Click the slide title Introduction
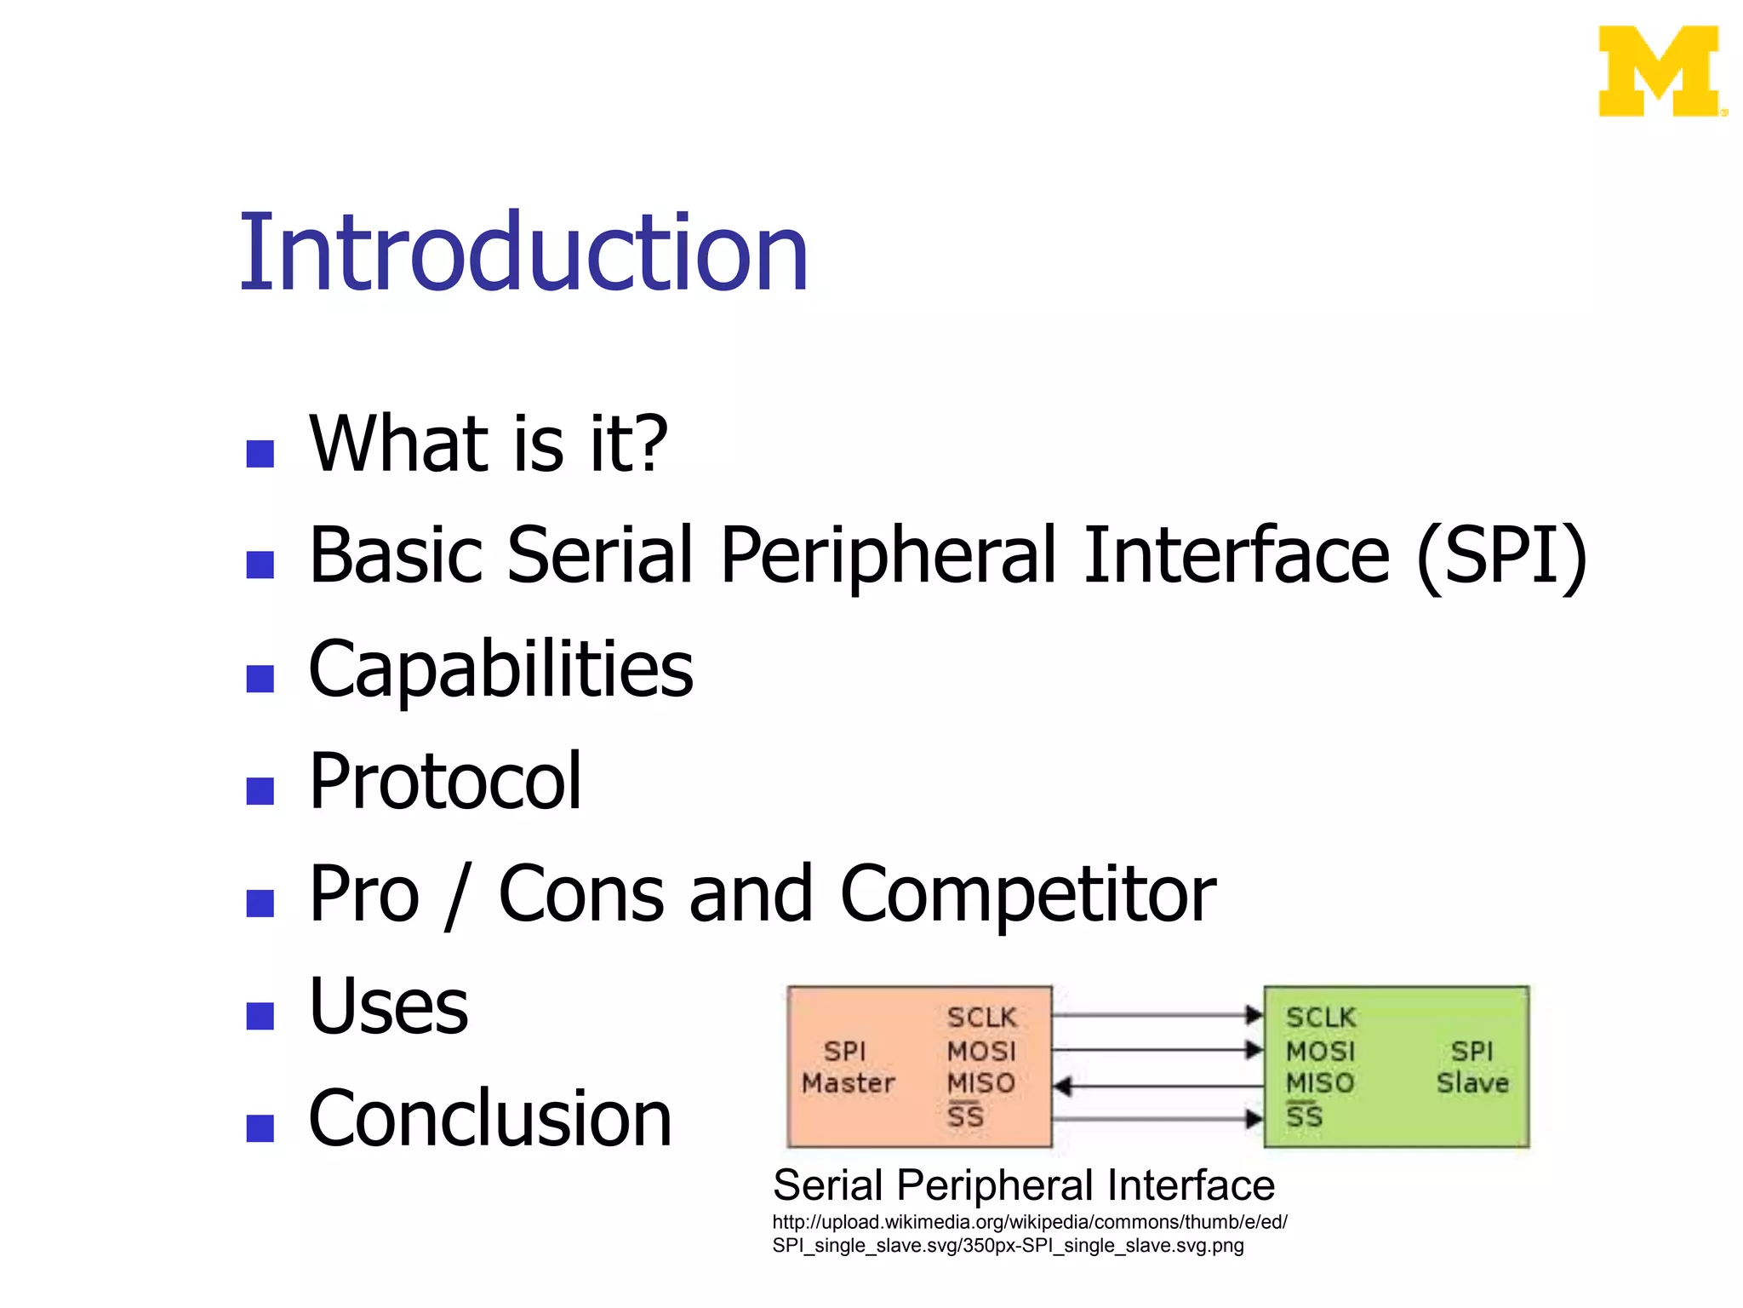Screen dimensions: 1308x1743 [523, 253]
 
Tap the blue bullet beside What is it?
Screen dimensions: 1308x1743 [260, 453]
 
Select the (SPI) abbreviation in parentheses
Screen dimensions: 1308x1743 [1501, 555]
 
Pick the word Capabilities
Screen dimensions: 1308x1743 [500, 669]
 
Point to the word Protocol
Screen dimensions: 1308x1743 [444, 781]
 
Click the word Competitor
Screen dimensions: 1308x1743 [1027, 894]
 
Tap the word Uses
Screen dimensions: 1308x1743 [388, 1007]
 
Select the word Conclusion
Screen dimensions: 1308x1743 [489, 1119]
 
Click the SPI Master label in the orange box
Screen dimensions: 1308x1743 [848, 1067]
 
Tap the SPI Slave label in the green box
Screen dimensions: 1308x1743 [1472, 1067]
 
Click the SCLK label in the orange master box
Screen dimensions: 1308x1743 [981, 1017]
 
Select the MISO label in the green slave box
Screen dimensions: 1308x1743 [1319, 1083]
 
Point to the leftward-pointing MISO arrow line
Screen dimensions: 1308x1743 [1157, 1086]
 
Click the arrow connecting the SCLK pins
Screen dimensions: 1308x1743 [1157, 1015]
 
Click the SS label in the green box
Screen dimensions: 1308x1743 [1305, 1116]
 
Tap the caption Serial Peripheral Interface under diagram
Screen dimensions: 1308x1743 [1023, 1185]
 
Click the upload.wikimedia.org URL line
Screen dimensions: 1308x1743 [1029, 1222]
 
